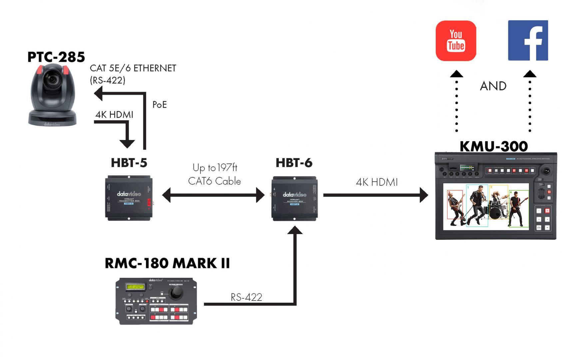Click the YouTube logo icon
click(455, 41)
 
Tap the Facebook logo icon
click(528, 40)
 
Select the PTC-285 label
click(56, 57)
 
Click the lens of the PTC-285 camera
click(52, 80)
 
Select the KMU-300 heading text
click(493, 146)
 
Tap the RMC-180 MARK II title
click(167, 263)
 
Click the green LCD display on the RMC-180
click(135, 287)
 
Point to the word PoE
click(159, 105)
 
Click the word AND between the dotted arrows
click(493, 86)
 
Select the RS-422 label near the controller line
click(246, 297)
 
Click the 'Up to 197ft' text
click(215, 167)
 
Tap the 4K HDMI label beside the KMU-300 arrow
click(377, 182)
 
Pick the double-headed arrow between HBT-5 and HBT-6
click(213, 195)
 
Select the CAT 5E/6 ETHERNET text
click(133, 68)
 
